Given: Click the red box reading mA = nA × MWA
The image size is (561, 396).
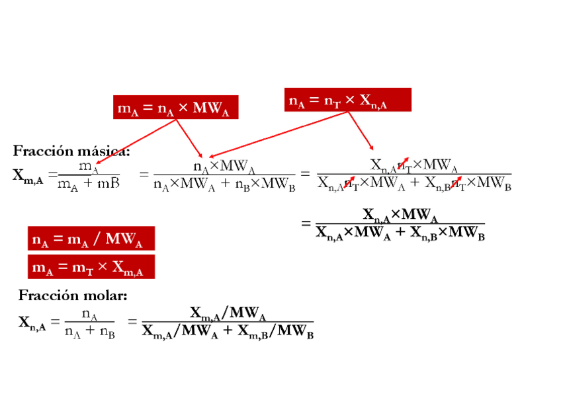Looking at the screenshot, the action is point(175,108).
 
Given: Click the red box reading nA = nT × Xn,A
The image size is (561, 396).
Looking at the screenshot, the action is point(347,100).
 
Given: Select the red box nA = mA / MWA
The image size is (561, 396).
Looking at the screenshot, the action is point(91,239).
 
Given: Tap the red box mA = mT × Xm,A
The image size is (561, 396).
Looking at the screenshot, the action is point(91,267).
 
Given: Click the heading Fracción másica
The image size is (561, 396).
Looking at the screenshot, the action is point(71,151).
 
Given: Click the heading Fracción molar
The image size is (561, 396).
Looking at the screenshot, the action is point(73,295).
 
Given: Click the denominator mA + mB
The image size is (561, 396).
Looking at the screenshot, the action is point(89,184).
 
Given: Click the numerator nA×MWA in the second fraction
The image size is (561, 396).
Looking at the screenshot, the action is point(224,165).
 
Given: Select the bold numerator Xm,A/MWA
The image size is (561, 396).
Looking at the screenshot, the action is point(228,312).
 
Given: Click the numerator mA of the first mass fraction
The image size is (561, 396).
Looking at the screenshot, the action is point(89,166).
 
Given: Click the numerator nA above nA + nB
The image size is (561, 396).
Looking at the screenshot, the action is point(90,314).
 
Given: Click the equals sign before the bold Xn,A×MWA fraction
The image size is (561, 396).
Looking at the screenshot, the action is point(306,223).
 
